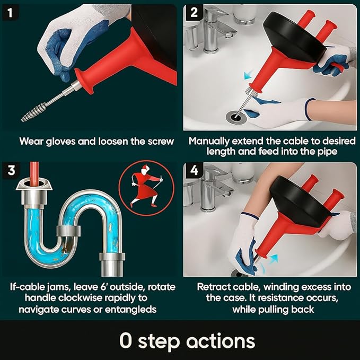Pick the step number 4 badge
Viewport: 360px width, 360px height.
coord(194,172)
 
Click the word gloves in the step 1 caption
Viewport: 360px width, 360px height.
coord(58,142)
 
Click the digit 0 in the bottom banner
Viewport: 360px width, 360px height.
coord(126,340)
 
